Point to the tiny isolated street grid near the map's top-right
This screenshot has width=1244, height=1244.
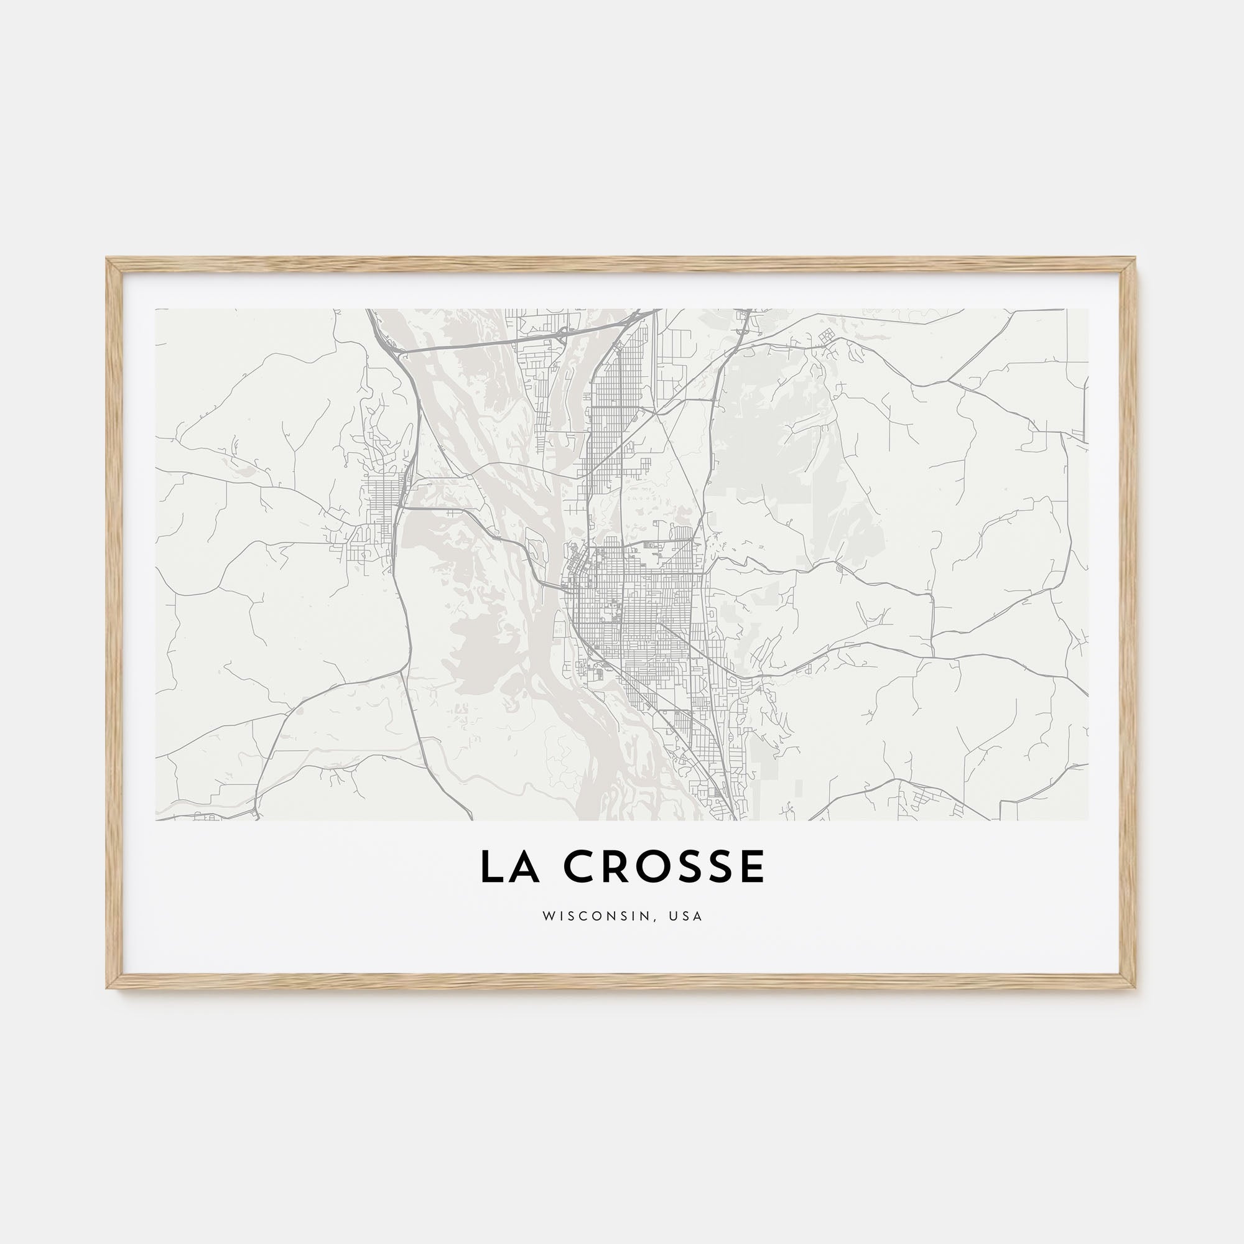point(826,336)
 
